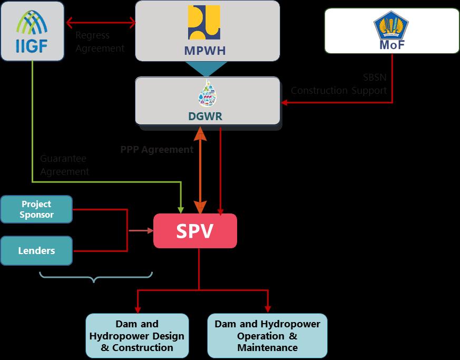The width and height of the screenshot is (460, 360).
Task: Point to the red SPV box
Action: tap(195, 231)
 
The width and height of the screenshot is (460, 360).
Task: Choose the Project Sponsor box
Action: tap(36, 209)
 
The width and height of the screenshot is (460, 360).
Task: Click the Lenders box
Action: tap(36, 251)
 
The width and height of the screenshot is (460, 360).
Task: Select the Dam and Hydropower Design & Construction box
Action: tap(137, 336)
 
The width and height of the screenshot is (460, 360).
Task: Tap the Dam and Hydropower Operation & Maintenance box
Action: tap(267, 336)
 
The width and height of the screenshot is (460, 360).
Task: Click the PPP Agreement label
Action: tap(156, 150)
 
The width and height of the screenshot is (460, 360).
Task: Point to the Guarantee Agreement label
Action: tap(64, 165)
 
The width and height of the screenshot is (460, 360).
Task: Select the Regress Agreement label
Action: tap(100, 42)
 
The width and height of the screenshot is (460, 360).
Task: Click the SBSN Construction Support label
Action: tap(339, 84)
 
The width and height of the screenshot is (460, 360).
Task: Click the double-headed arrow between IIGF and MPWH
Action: tap(101, 23)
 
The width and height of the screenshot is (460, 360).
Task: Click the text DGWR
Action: tap(205, 116)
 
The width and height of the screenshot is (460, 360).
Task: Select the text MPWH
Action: tap(205, 51)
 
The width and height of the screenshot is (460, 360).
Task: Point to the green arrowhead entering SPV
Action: tap(181, 209)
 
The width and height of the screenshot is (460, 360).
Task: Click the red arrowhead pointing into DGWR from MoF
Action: tap(285, 102)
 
